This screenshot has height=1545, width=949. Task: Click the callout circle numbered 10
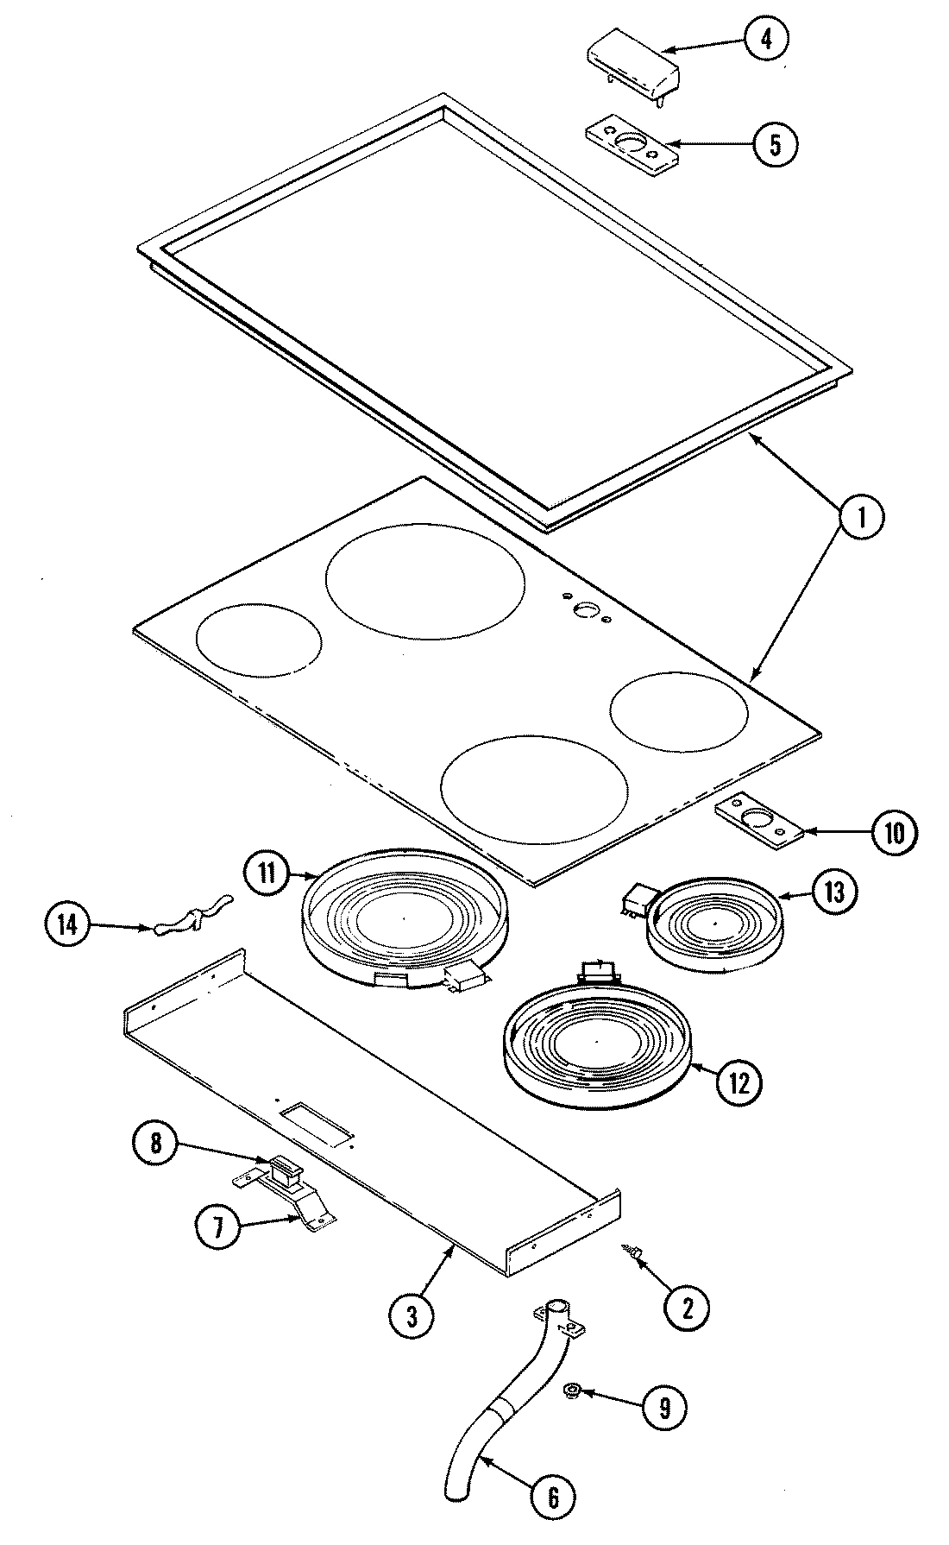click(893, 833)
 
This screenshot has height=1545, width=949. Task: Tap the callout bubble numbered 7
click(217, 1228)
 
